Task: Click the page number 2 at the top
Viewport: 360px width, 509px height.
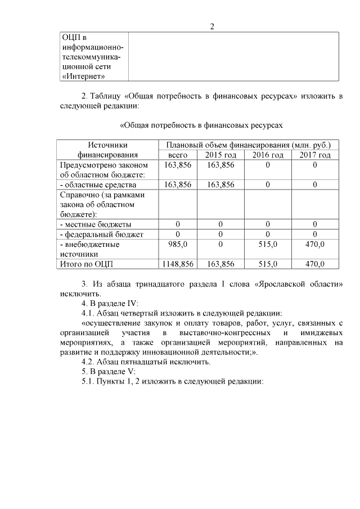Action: tap(212, 26)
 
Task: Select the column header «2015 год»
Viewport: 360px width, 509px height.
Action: tap(220, 155)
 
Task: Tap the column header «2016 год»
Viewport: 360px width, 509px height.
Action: tap(268, 155)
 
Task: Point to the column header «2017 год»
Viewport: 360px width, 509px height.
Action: tap(315, 155)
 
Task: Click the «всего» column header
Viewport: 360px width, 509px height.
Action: tap(178, 155)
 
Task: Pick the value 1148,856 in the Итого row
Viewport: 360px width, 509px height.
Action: tap(178, 264)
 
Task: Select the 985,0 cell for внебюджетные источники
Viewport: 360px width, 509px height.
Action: tap(178, 245)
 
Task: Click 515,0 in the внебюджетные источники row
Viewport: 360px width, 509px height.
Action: tap(268, 245)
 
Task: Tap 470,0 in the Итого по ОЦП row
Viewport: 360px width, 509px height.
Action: tap(315, 264)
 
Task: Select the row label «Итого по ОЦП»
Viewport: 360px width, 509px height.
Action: tap(90, 264)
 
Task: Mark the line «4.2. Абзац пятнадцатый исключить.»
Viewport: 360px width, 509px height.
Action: tap(146, 362)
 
